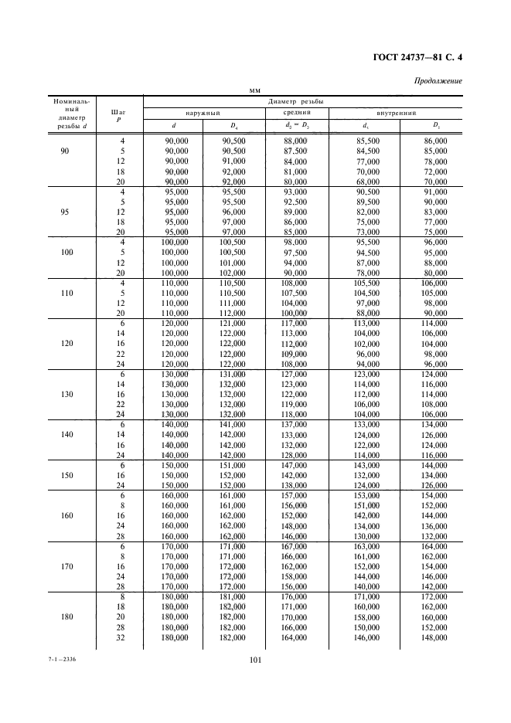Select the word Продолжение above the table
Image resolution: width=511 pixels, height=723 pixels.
[x=438, y=80]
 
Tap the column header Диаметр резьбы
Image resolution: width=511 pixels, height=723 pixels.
[x=295, y=101]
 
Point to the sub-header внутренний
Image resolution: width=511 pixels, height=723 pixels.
[x=398, y=113]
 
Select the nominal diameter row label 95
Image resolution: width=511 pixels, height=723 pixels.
[x=64, y=211]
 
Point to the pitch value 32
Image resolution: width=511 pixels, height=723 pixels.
[x=121, y=638]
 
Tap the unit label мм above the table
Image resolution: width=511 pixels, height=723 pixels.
[x=254, y=90]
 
